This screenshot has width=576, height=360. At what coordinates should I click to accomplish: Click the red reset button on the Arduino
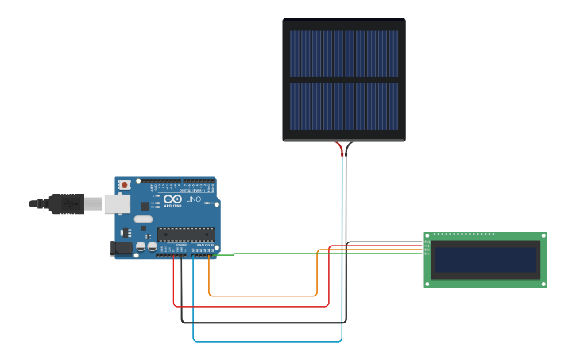pos(124,184)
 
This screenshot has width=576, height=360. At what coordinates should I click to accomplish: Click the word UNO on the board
pos(193,199)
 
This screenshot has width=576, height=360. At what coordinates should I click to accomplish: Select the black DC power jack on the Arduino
pos(121,248)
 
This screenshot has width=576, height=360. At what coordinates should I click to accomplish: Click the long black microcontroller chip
pos(185,234)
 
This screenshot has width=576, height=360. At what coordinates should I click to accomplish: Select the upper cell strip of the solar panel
pos(344,54)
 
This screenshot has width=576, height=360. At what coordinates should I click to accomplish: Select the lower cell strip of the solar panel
pos(344,106)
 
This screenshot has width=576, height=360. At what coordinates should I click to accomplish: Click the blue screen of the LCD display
pos(485,260)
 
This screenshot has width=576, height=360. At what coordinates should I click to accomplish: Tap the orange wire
pos(262,296)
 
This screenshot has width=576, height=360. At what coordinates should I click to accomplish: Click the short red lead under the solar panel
pos(341,149)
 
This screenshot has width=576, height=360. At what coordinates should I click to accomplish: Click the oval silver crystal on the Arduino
pos(143,219)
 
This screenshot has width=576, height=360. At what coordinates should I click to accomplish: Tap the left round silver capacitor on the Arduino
pos(141,246)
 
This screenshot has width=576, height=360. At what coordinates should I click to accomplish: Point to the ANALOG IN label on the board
pos(204,244)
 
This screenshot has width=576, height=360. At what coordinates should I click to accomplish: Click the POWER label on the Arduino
pos(180,244)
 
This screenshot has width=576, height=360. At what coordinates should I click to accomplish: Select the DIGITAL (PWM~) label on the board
pos(191,191)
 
